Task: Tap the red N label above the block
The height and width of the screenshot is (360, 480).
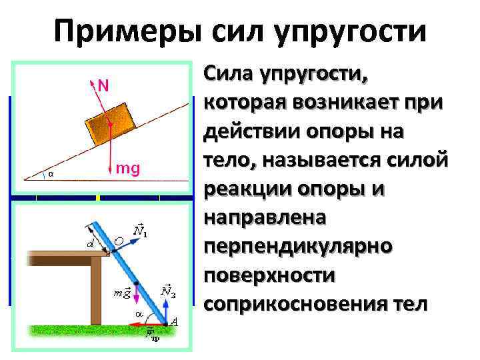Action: pos(103,85)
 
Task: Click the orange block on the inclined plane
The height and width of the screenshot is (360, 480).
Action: pos(109,123)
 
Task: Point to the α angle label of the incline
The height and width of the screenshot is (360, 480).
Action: pos(51,174)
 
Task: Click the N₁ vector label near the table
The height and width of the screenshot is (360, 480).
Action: pos(141,231)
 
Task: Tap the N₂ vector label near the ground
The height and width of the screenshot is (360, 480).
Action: pos(168,291)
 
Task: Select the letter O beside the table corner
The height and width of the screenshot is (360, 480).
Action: pos(118,240)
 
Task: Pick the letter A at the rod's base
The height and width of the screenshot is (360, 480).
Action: pos(174,322)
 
